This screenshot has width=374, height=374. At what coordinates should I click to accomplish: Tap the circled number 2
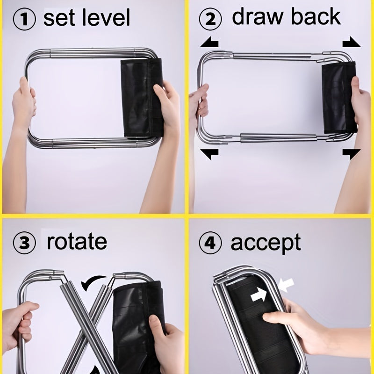[209, 20]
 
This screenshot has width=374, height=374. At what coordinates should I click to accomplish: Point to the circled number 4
[209, 244]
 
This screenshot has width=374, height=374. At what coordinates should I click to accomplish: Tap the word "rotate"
[77, 242]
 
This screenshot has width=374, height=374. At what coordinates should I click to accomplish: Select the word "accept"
[266, 244]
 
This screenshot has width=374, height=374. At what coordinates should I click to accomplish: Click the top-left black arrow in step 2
[209, 43]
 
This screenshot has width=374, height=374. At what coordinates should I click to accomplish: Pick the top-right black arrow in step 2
[351, 43]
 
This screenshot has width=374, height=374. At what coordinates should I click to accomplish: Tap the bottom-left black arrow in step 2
[209, 153]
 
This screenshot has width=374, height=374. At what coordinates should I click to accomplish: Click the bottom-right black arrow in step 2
[351, 153]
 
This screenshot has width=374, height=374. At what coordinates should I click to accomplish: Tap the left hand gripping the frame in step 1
[23, 103]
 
